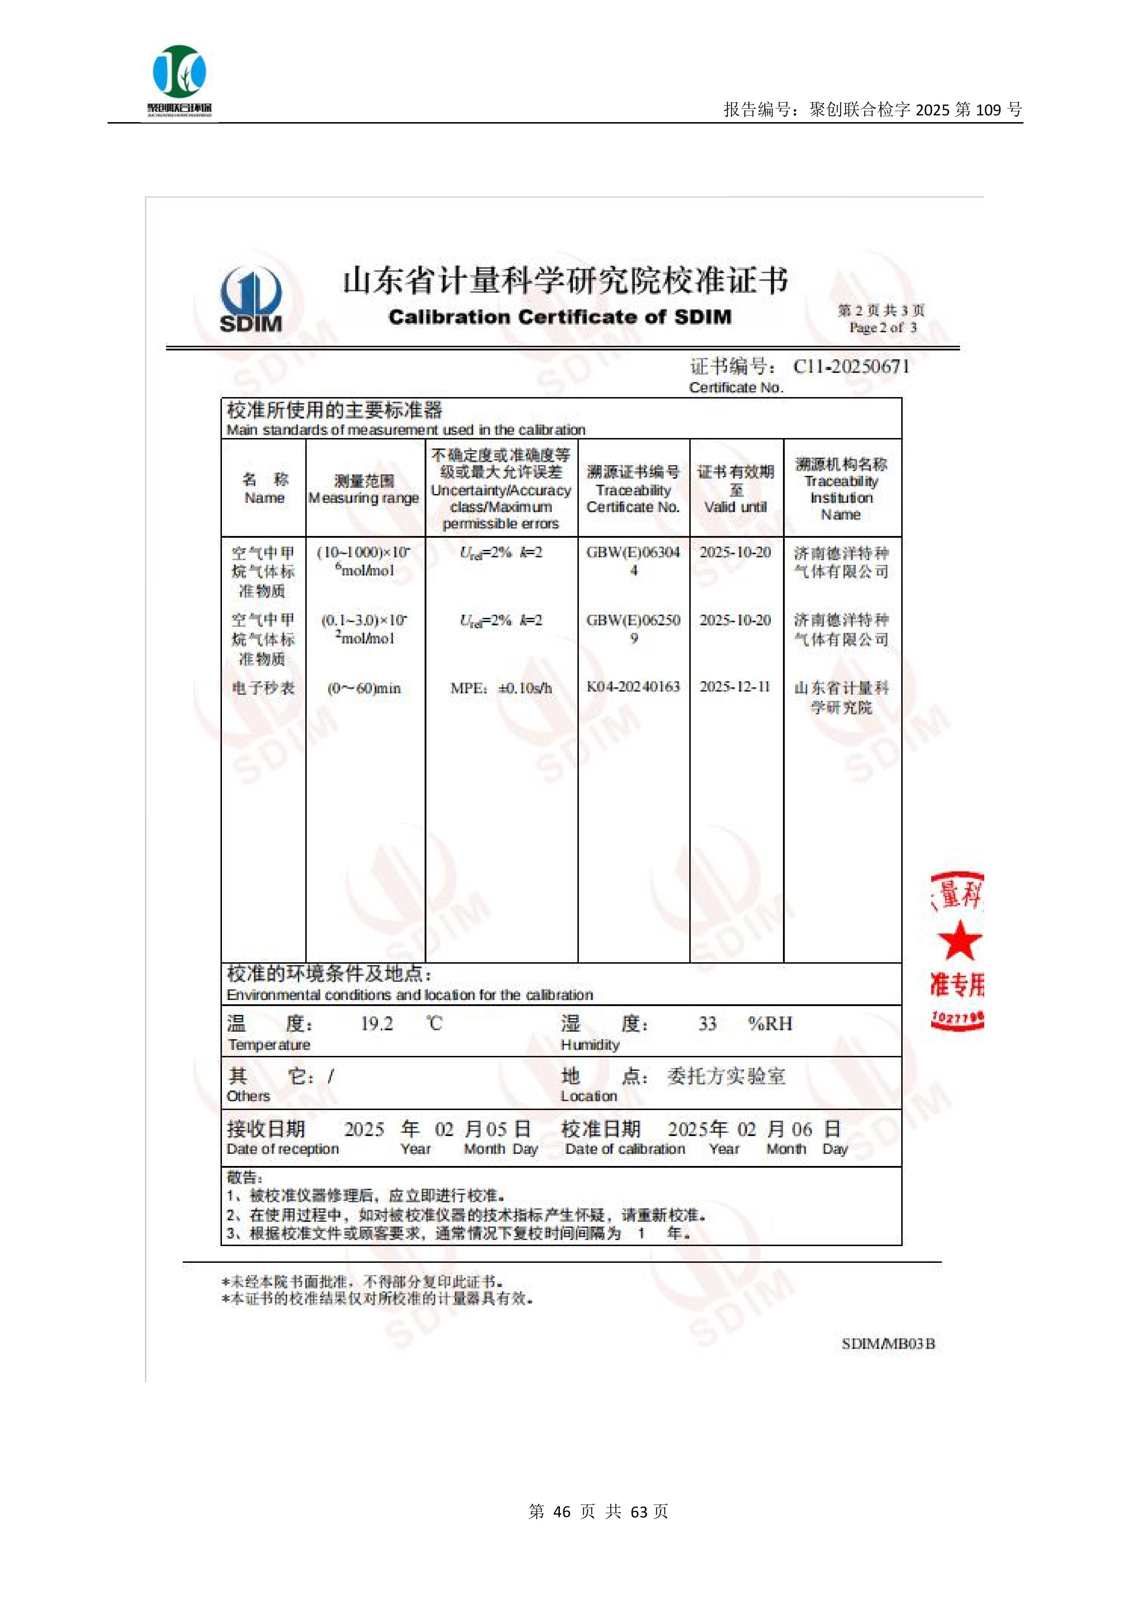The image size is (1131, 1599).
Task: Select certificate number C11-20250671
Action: click(851, 367)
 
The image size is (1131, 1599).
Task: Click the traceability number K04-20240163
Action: click(633, 687)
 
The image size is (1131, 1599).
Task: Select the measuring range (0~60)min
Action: click(364, 688)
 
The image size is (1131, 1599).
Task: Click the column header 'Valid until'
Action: click(736, 507)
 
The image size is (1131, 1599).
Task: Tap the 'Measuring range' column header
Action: click(364, 498)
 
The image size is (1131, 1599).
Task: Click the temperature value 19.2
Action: click(377, 1024)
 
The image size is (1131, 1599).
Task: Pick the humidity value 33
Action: click(707, 1024)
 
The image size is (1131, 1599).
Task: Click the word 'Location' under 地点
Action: click(589, 1096)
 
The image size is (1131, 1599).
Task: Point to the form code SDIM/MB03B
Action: click(888, 1344)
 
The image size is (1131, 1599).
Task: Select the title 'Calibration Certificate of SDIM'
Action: click(560, 318)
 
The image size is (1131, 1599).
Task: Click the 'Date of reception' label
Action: click(283, 1149)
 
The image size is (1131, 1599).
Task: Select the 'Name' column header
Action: click(265, 498)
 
